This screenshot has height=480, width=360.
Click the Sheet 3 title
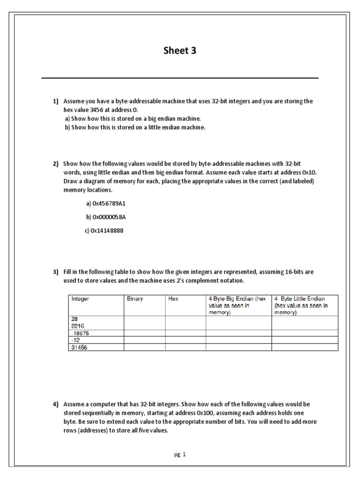[180, 51]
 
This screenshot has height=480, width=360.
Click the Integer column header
[81, 299]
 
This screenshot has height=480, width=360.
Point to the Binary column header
[135, 299]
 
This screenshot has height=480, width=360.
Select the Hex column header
[173, 299]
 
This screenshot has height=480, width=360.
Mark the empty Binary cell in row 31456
[144, 347]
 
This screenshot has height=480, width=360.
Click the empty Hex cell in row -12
[185, 340]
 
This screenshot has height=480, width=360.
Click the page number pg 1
[180, 454]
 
